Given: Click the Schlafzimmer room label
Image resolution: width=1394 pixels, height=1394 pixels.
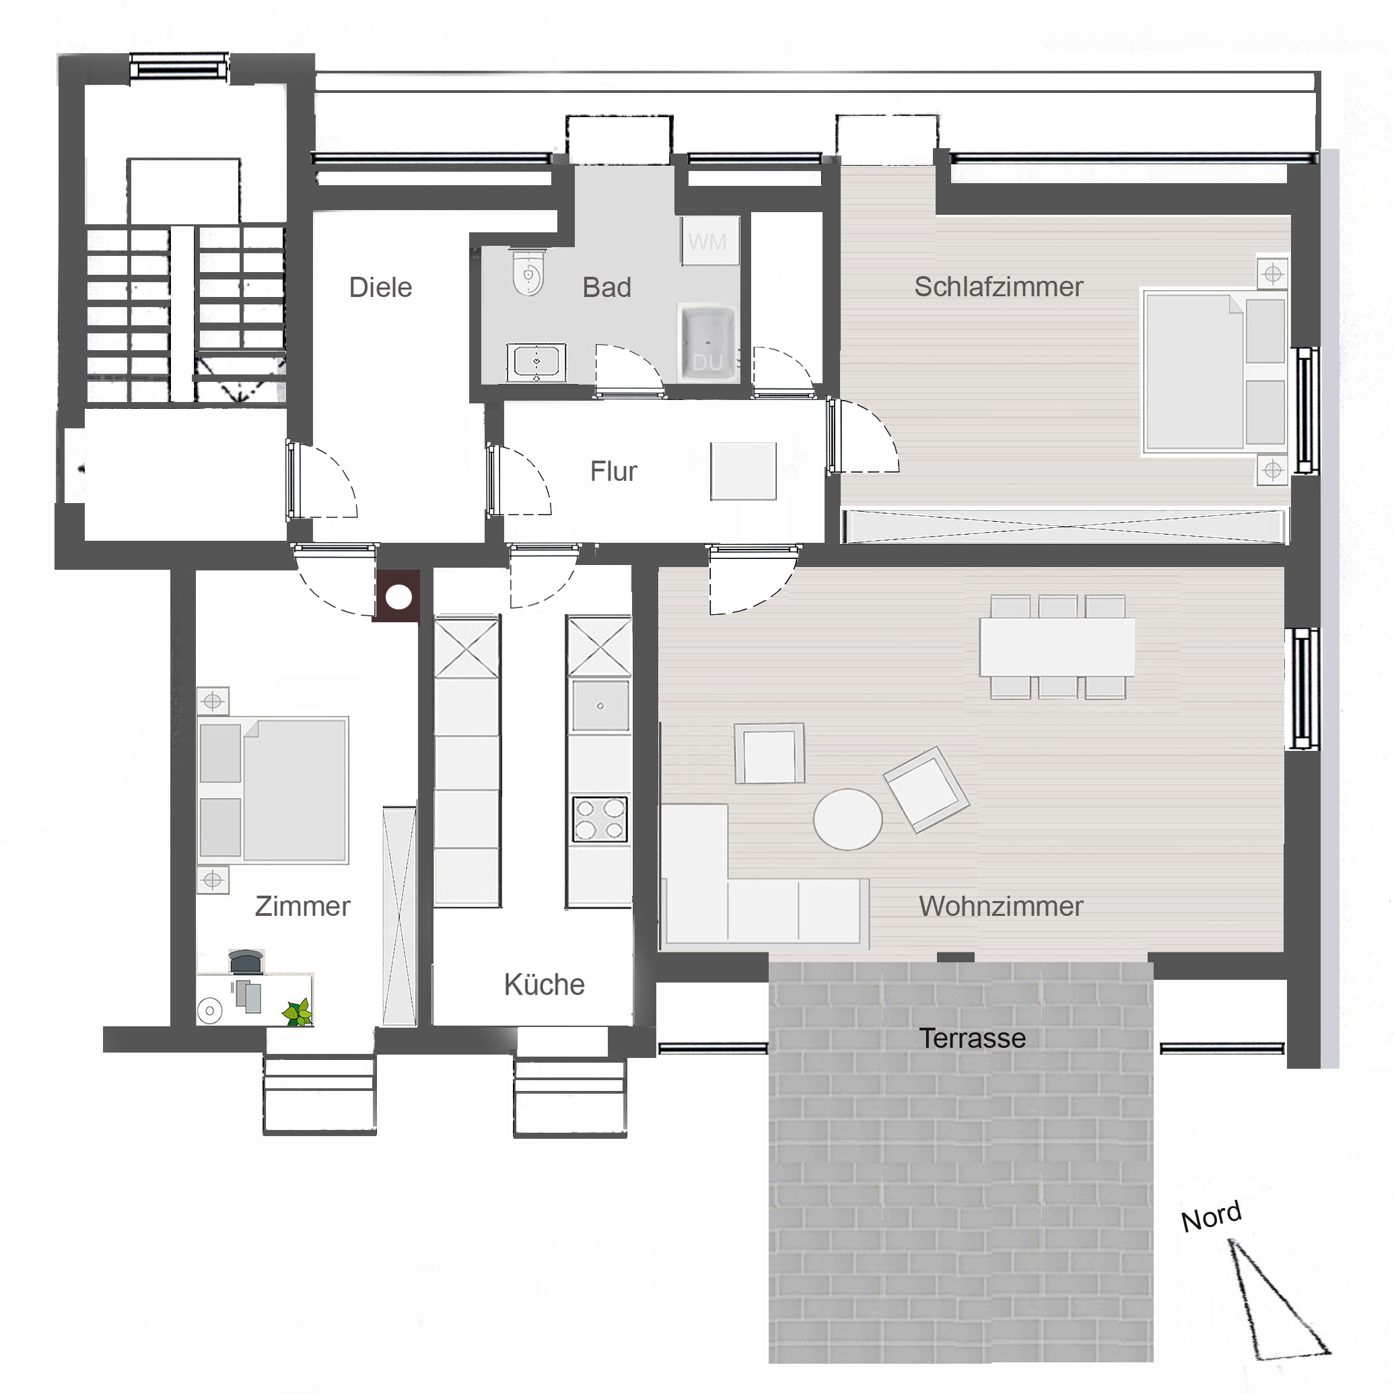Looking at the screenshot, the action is (x=999, y=287).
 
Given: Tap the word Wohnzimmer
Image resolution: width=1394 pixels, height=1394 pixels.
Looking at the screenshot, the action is (x=1001, y=906).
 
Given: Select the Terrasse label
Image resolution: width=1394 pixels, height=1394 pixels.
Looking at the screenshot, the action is (x=973, y=1038).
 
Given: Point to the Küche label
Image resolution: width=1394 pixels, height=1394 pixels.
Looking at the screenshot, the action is (x=544, y=984).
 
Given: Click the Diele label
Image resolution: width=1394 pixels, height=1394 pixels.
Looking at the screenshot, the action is (x=380, y=288).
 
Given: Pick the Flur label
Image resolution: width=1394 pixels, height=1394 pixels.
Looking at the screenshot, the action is (x=613, y=471).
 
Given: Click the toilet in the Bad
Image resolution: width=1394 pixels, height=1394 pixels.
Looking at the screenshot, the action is (x=528, y=272).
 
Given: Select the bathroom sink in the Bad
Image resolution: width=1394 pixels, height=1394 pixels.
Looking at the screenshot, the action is (x=536, y=361).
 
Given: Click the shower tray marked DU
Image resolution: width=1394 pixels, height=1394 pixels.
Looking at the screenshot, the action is (x=707, y=343).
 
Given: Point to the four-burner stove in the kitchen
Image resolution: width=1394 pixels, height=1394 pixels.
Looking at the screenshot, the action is (x=600, y=820).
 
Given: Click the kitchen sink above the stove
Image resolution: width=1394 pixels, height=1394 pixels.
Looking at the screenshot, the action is (x=600, y=706).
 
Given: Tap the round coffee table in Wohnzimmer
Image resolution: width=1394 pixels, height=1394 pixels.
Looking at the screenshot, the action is (x=848, y=820).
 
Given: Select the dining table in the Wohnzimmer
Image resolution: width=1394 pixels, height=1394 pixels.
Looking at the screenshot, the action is (x=1057, y=646).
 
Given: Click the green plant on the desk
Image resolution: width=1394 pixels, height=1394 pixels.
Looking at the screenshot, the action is (x=298, y=1011).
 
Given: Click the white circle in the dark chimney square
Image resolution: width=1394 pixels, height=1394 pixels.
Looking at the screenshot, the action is (x=398, y=597).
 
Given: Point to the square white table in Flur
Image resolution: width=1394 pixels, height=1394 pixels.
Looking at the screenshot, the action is (x=743, y=471).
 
